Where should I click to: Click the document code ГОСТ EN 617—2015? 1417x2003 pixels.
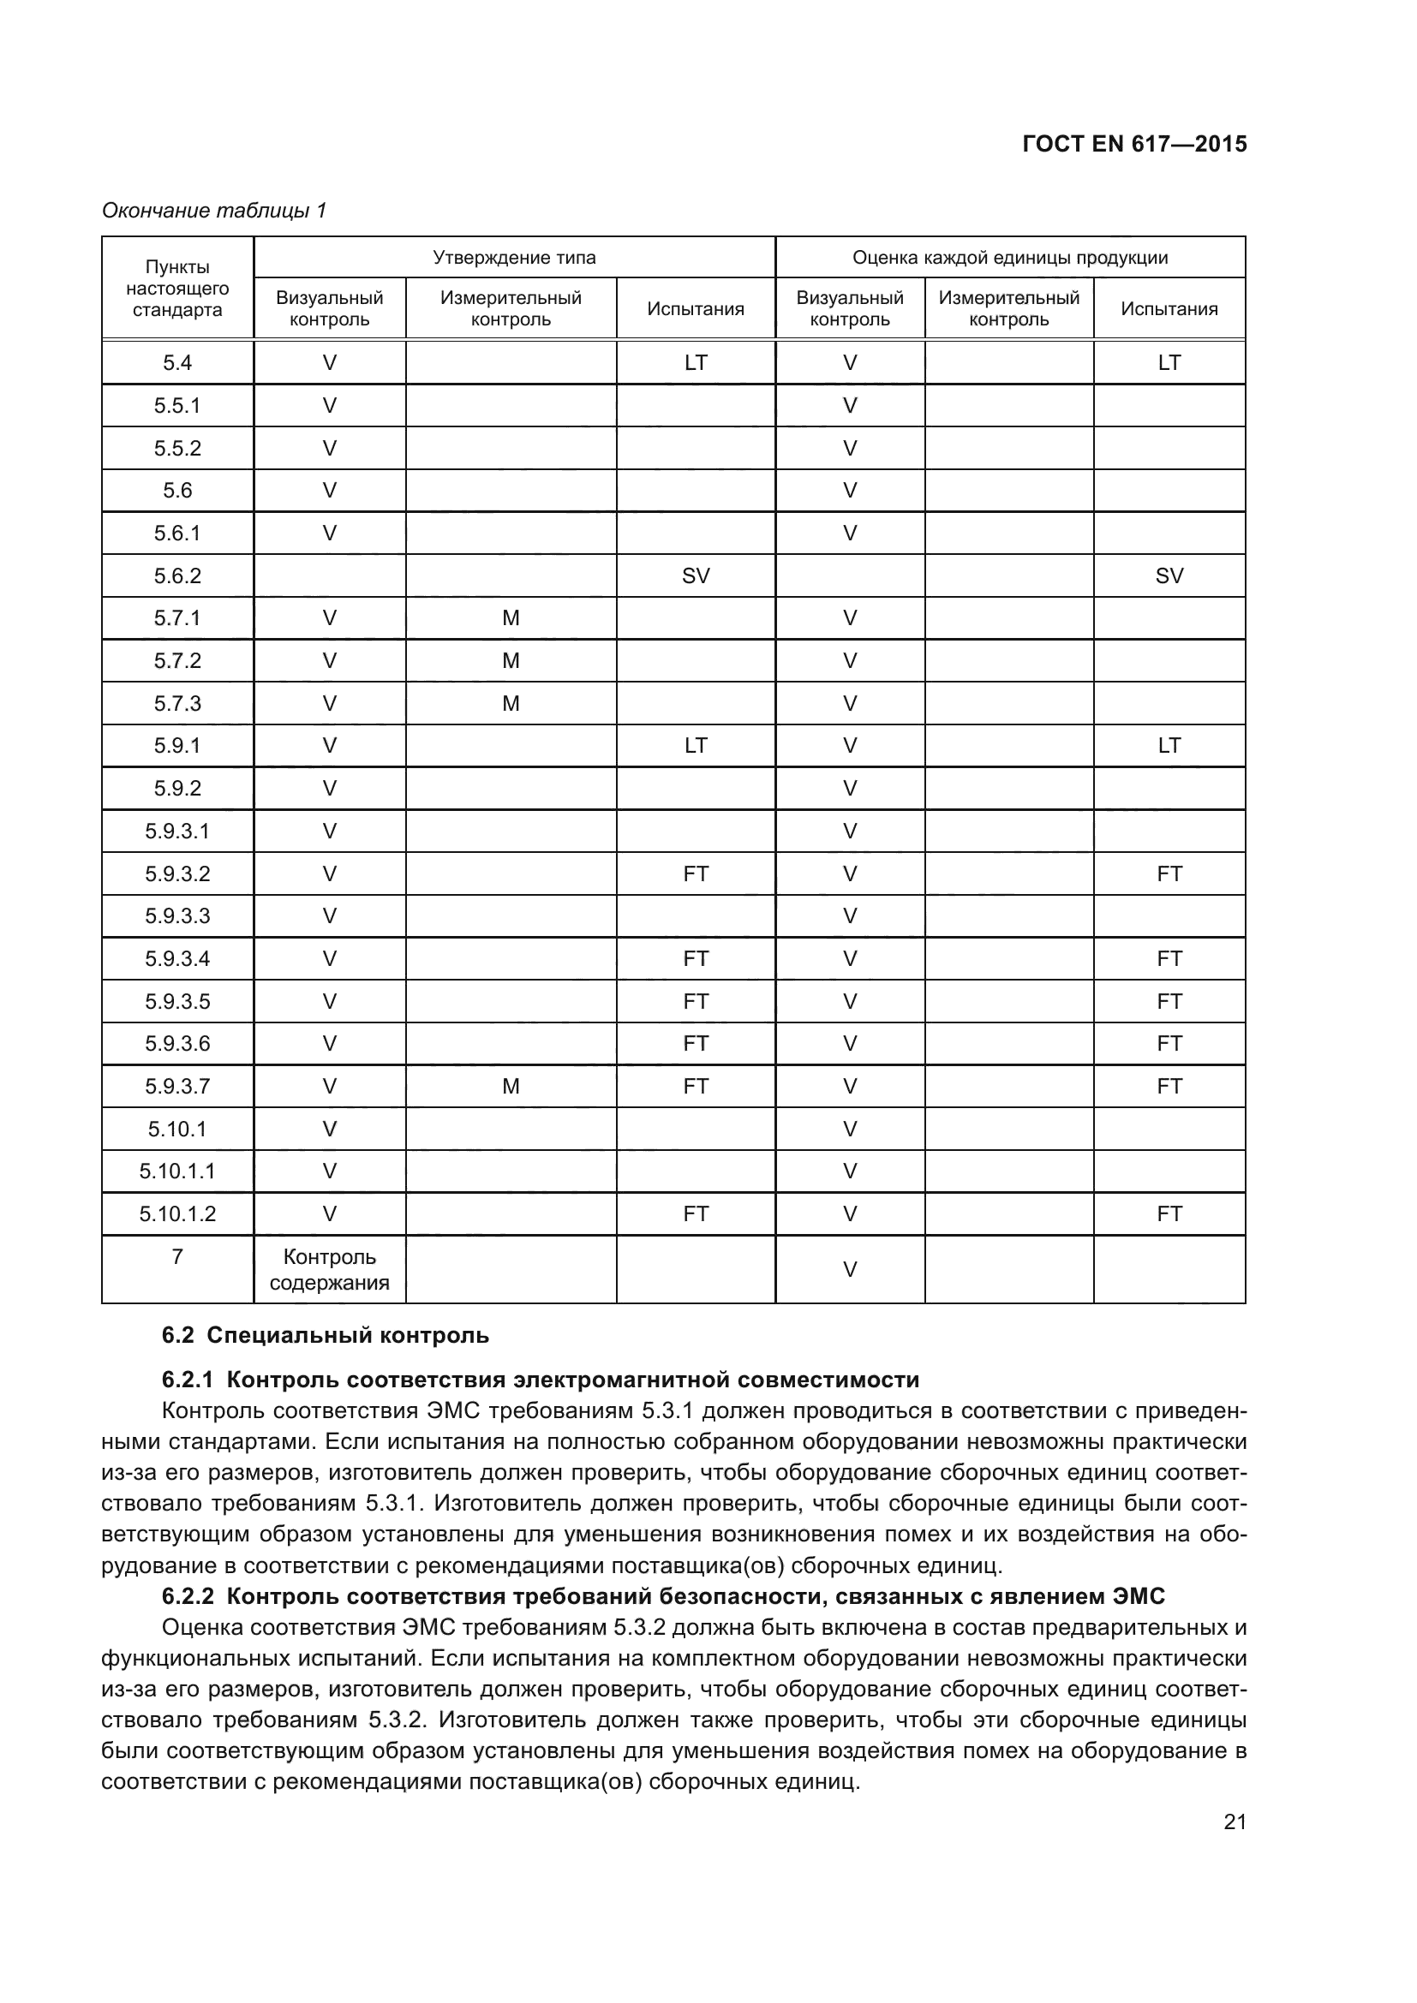tap(1134, 145)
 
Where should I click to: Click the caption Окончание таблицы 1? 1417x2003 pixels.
tap(214, 211)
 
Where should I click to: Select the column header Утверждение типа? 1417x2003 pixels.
tap(514, 258)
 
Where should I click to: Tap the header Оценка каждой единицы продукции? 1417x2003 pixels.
tap(1009, 258)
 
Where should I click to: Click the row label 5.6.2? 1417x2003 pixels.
tap(177, 575)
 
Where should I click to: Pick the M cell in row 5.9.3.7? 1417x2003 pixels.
tap(511, 1086)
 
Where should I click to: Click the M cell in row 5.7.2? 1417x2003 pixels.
tap(511, 660)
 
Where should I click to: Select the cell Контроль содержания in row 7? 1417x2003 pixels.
tap(329, 1269)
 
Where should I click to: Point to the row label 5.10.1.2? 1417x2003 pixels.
tap(177, 1213)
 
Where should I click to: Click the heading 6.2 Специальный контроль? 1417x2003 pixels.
tap(326, 1335)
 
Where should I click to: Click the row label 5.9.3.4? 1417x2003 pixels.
tap(177, 959)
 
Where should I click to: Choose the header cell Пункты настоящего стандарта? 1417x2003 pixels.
tap(177, 288)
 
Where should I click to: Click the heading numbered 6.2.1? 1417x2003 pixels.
tap(540, 1380)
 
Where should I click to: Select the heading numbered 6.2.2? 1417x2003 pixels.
tap(663, 1596)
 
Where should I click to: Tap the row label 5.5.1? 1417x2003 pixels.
tap(177, 406)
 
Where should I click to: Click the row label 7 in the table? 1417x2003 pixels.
tap(177, 1256)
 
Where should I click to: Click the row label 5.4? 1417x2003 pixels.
tap(177, 363)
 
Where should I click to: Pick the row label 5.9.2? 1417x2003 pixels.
tap(177, 789)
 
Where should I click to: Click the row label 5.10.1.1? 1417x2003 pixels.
tap(177, 1171)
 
